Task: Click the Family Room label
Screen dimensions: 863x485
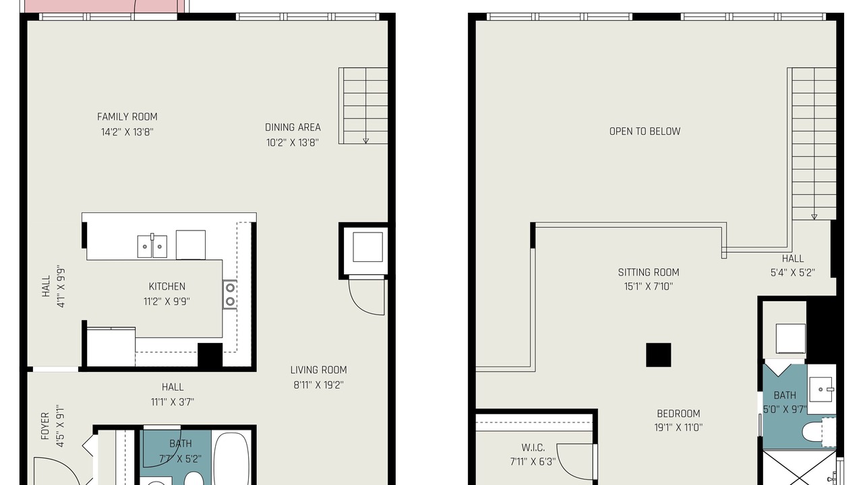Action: (x=127, y=117)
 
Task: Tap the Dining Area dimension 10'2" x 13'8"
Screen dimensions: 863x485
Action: (x=293, y=143)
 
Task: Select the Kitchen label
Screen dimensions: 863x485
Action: (x=167, y=286)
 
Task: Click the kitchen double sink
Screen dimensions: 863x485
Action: (x=152, y=246)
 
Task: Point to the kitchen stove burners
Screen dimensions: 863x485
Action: (x=230, y=294)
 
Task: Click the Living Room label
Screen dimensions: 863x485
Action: (x=319, y=370)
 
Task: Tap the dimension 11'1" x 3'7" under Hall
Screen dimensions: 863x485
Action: (x=173, y=402)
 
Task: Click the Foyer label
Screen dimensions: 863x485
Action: (x=45, y=426)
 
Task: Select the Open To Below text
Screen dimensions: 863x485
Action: (x=645, y=131)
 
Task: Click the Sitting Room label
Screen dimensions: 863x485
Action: (x=649, y=273)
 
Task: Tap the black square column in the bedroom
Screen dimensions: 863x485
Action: (x=659, y=355)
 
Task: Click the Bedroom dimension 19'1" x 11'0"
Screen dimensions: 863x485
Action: (x=678, y=428)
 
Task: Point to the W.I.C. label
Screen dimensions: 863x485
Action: (x=533, y=448)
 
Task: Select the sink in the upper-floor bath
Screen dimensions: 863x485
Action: (x=821, y=389)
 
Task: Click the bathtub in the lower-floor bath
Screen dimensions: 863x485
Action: (x=231, y=459)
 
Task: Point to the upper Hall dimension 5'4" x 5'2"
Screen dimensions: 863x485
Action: (x=793, y=273)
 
